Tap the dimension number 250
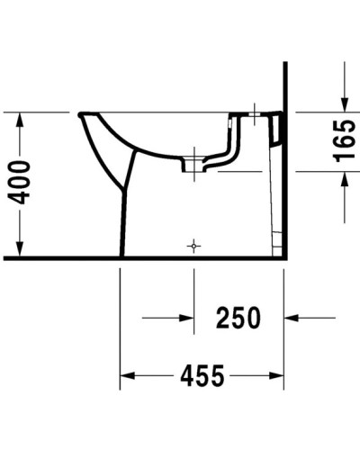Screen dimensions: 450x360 (238, 318)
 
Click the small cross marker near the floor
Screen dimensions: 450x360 (193, 245)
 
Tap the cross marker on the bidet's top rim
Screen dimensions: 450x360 (255, 114)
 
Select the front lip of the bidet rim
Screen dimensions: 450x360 (84, 115)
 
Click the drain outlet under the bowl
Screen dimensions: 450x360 (192, 167)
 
